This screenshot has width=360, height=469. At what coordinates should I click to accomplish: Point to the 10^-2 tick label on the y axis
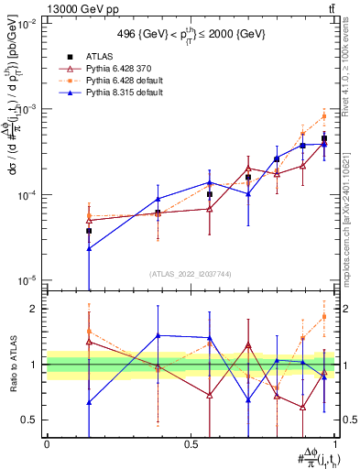(x=27, y=24)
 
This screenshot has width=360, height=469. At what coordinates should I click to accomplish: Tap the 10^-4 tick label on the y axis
(x=27, y=195)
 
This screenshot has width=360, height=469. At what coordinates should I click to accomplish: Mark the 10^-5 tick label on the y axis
(x=27, y=280)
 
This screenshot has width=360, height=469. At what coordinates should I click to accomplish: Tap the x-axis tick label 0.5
(x=190, y=444)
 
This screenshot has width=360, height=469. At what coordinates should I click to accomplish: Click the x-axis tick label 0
(x=47, y=444)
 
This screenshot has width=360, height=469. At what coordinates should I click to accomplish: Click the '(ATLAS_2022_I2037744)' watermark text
(x=190, y=274)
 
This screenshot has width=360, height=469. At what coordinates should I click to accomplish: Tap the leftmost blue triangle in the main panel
(x=89, y=248)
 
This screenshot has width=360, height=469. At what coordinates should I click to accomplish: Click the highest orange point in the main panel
(x=324, y=116)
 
